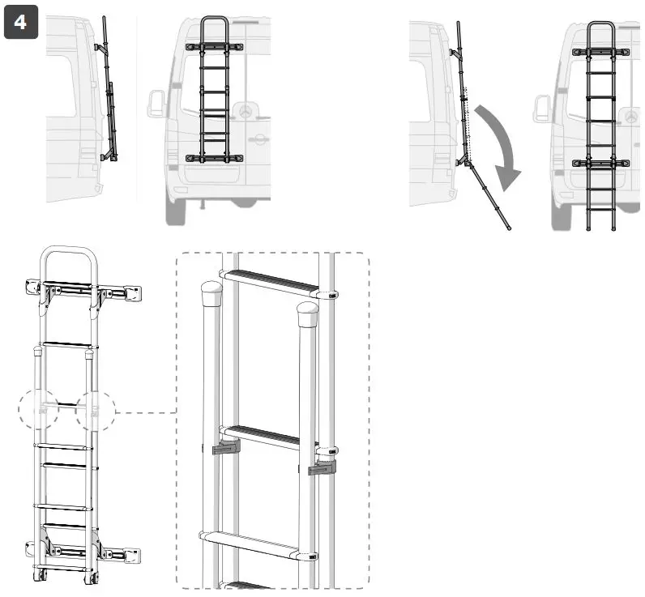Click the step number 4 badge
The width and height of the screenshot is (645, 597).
[20, 22]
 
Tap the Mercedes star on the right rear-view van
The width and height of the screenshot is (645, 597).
[630, 114]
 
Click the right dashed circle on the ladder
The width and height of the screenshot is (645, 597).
[96, 412]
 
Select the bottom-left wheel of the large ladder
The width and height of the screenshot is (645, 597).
[41, 577]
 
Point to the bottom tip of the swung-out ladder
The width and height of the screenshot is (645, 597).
[508, 228]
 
